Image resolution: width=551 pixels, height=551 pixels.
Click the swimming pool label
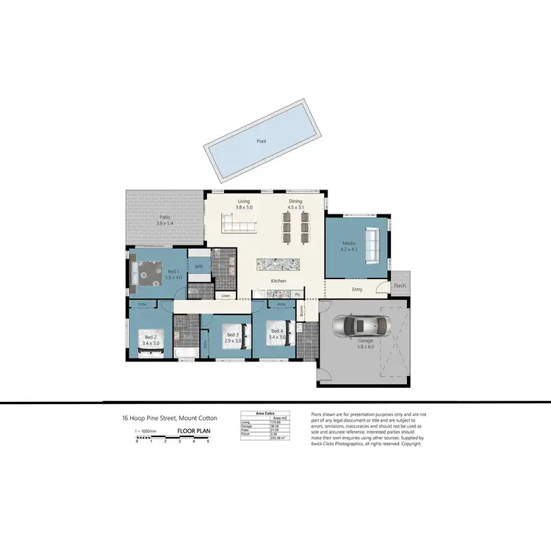pyautogui.click(x=261, y=141)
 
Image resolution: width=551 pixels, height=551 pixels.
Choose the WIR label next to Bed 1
pyautogui.click(x=198, y=267)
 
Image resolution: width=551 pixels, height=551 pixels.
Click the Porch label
pyautogui.click(x=400, y=286)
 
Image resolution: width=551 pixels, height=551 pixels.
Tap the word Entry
pyautogui.click(x=357, y=289)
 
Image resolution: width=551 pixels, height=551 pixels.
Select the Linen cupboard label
pyautogui.click(x=226, y=296)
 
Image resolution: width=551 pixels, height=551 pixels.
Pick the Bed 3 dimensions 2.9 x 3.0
pyautogui.click(x=233, y=340)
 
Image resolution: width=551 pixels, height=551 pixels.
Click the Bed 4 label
pyautogui.click(x=276, y=331)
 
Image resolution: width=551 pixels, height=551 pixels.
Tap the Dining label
pyautogui.click(x=295, y=201)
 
